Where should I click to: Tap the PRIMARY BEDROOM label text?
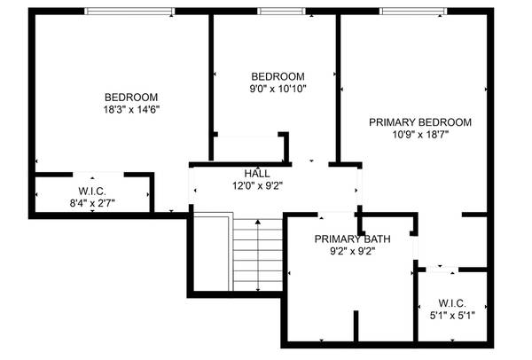(x=420, y=122)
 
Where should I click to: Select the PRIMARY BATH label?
(x=352, y=239)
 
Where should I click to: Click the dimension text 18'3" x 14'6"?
(x=131, y=109)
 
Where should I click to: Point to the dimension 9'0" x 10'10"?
(x=278, y=88)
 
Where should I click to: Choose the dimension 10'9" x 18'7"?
(x=420, y=135)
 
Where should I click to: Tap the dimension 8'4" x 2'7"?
(x=91, y=203)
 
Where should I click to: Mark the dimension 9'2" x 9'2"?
(x=352, y=251)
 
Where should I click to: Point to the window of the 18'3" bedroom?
(x=130, y=12)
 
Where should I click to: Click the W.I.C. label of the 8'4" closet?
(x=92, y=191)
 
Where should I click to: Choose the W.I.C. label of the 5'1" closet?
(x=452, y=301)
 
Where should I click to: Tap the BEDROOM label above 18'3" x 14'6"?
(x=131, y=98)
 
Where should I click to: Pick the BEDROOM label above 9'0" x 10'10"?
(x=278, y=76)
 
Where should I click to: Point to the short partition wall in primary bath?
(x=356, y=326)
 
